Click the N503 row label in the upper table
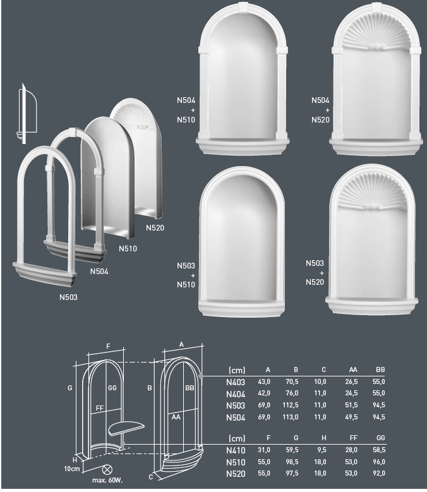(x=236, y=405)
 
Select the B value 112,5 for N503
(x=290, y=405)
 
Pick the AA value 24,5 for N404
(x=351, y=393)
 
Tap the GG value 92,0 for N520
(x=379, y=473)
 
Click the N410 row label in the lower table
(x=236, y=450)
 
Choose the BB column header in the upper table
(x=380, y=369)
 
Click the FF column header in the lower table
(x=353, y=438)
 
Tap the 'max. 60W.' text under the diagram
(x=107, y=480)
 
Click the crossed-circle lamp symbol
(x=107, y=470)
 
